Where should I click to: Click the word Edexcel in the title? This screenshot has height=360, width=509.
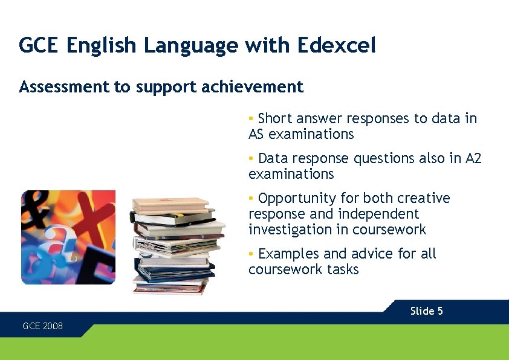336,45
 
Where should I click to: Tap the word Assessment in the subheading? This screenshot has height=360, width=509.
64,88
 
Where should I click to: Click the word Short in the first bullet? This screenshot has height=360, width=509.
275,118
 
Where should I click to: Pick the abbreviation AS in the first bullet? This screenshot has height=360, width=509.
256,134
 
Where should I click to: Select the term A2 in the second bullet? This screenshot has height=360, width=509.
473,158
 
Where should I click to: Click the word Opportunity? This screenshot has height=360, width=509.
297,199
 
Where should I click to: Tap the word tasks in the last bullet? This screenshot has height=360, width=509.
343,269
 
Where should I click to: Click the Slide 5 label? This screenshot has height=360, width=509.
426,311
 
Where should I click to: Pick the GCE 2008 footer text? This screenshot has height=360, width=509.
42,326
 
